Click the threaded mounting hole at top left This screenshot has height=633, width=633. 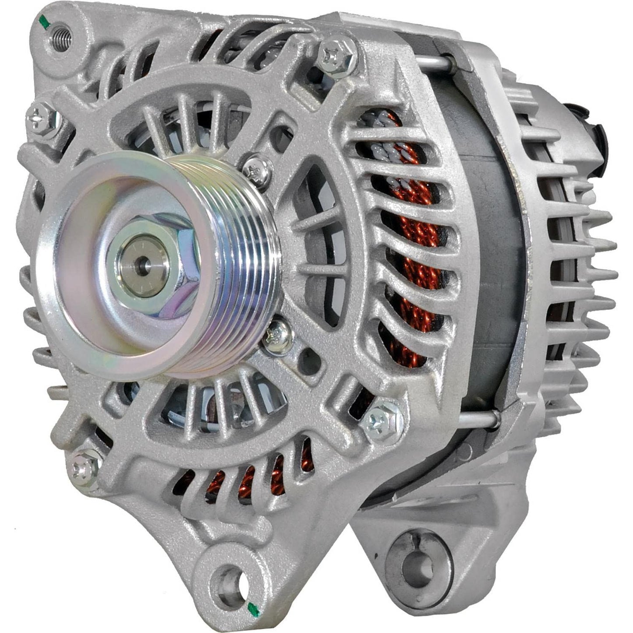pyautogui.click(x=60, y=32)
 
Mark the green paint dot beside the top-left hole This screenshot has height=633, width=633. pyautogui.click(x=43, y=20)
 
